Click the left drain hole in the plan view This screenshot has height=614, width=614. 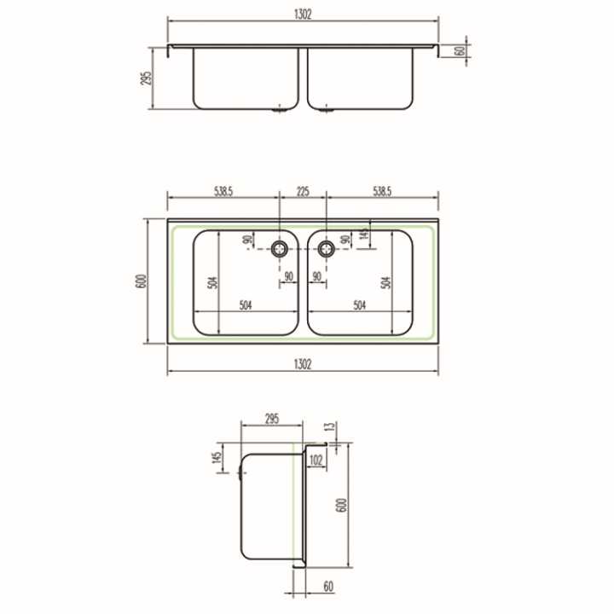[279, 248]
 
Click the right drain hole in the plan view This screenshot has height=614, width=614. [326, 248]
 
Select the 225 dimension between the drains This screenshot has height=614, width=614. [303, 192]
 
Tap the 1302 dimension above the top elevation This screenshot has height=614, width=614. [303, 14]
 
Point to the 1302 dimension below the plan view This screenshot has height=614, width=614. [303, 364]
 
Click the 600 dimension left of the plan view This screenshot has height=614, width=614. [142, 281]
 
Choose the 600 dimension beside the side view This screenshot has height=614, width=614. [341, 505]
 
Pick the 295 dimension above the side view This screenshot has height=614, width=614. [272, 419]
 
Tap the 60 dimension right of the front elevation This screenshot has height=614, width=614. [460, 51]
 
